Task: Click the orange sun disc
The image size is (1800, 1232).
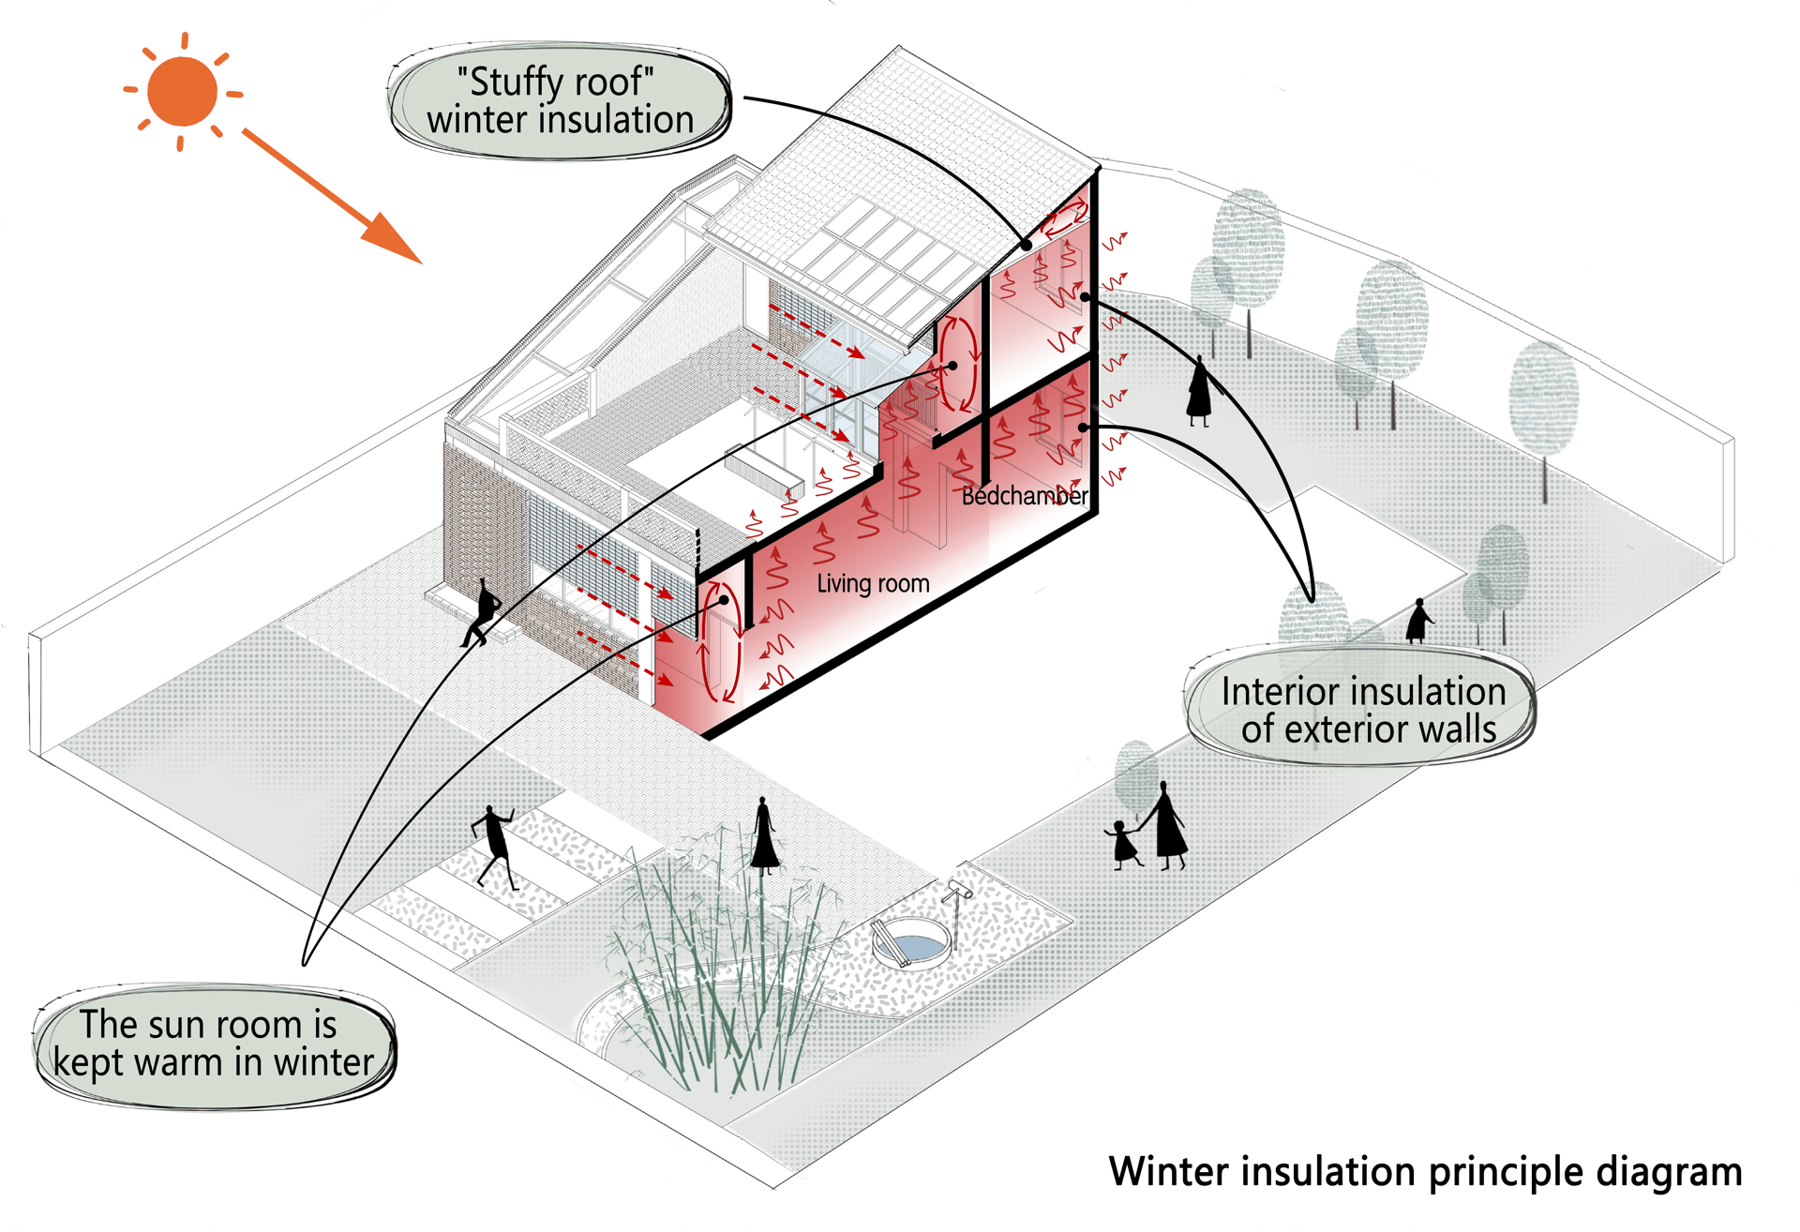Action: pyautogui.click(x=182, y=91)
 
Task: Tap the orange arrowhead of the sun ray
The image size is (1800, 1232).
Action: pyautogui.click(x=394, y=239)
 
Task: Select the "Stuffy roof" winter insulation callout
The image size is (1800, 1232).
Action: pyautogui.click(x=560, y=100)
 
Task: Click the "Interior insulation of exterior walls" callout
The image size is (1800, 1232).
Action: pyautogui.click(x=1361, y=710)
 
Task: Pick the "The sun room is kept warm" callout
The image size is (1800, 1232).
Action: pyautogui.click(x=214, y=1044)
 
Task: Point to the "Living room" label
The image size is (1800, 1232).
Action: pyautogui.click(x=873, y=584)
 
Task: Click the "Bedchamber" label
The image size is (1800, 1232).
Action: pyautogui.click(x=1025, y=496)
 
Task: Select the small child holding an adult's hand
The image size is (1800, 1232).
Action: pyautogui.click(x=1123, y=844)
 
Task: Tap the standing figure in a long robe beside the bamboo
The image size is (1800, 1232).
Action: pyautogui.click(x=765, y=835)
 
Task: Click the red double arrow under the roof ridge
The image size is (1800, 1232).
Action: pyautogui.click(x=1066, y=221)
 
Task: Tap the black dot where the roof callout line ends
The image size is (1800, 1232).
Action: pyautogui.click(x=1027, y=246)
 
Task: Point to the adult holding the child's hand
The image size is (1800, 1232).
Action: pyautogui.click(x=1165, y=826)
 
